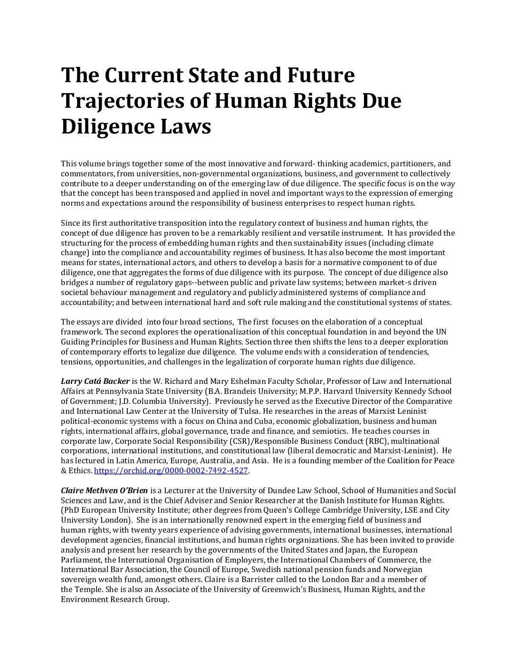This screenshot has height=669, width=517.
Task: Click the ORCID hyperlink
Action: [x=171, y=470]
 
